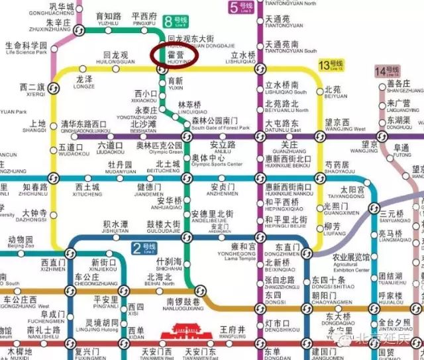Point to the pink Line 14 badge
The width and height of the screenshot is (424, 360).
tap(385, 71)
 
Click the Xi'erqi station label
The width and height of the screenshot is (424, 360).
tap(32, 89)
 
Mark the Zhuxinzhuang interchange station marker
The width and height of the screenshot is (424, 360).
tap(77, 31)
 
